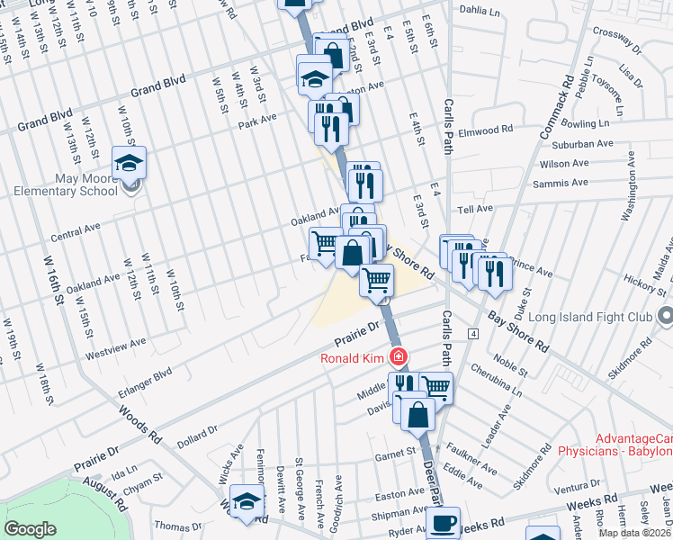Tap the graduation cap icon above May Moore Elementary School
pos(130,163)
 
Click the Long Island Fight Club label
pos(588,317)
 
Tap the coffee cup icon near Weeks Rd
pos(443,523)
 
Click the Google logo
pos(30,529)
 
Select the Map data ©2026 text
pos(634,533)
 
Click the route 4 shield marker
pos(471,334)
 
